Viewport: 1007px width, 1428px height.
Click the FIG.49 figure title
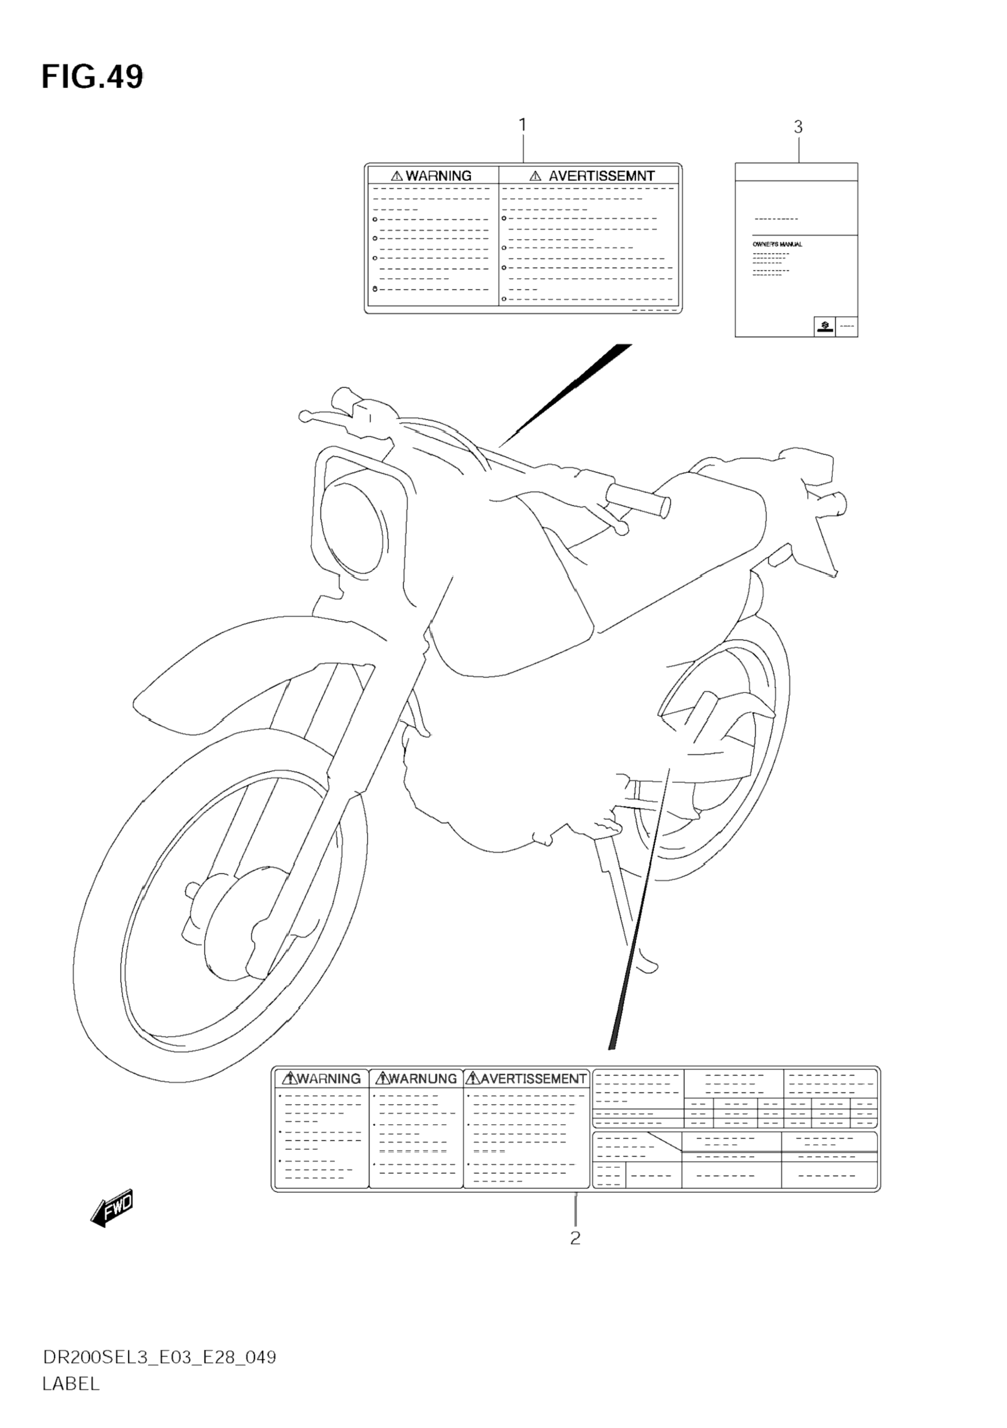(x=92, y=78)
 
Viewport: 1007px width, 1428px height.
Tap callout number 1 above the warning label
(x=523, y=125)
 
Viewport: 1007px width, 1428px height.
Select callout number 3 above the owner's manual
(x=798, y=127)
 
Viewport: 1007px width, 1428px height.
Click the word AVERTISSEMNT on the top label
(x=601, y=176)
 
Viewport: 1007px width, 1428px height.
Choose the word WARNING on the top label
(x=438, y=176)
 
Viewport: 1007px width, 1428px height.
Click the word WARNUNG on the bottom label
(x=423, y=1078)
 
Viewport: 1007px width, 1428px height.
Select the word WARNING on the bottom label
(x=329, y=1078)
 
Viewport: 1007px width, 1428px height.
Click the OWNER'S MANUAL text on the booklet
(x=777, y=245)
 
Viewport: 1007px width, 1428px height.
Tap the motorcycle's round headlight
(x=351, y=529)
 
